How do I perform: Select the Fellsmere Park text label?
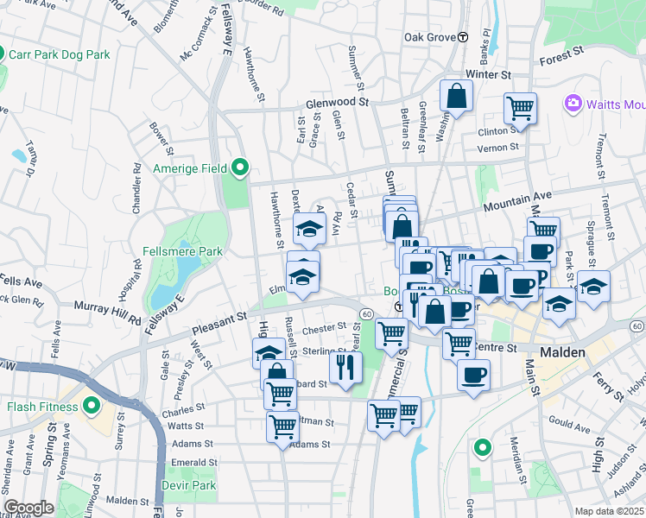pyautogui.click(x=182, y=251)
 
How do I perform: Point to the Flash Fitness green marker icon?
pyautogui.click(x=92, y=406)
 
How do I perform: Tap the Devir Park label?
pyautogui.click(x=189, y=485)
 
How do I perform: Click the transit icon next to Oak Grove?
pyautogui.click(x=463, y=37)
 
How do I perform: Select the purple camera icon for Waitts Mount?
pyautogui.click(x=573, y=104)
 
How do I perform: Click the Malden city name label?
pyautogui.click(x=563, y=352)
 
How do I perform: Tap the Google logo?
pyautogui.click(x=28, y=508)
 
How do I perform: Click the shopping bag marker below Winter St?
pyautogui.click(x=456, y=96)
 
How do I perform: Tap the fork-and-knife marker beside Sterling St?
pyautogui.click(x=345, y=367)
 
